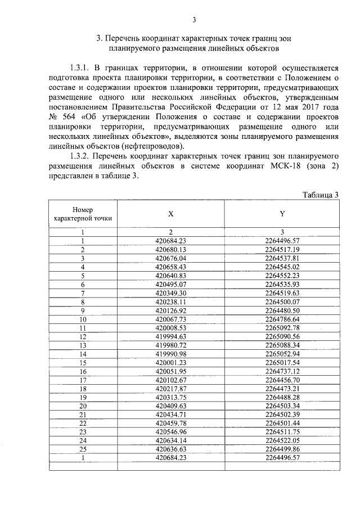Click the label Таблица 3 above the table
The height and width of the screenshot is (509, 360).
320,195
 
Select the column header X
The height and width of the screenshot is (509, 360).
170,214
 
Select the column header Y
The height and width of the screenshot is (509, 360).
282,214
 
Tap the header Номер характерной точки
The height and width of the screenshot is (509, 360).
82,213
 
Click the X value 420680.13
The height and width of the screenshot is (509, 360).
170,249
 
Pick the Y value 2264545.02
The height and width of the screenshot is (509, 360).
282,267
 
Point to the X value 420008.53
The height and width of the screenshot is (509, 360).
170,327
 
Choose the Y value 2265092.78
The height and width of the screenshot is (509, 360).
282,327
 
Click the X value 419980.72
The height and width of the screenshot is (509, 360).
170,345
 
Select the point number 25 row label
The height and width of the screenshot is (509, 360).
82,449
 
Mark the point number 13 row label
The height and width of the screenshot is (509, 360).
82,345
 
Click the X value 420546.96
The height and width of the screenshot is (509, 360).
170,432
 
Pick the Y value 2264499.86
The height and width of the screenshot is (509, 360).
282,449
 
